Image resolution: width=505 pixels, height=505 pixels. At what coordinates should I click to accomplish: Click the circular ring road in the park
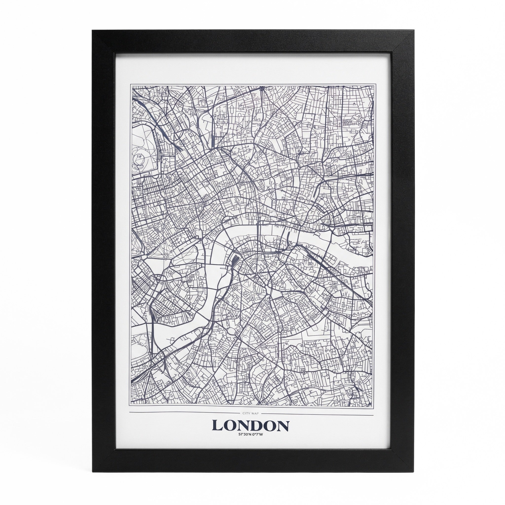pos(140,157)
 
